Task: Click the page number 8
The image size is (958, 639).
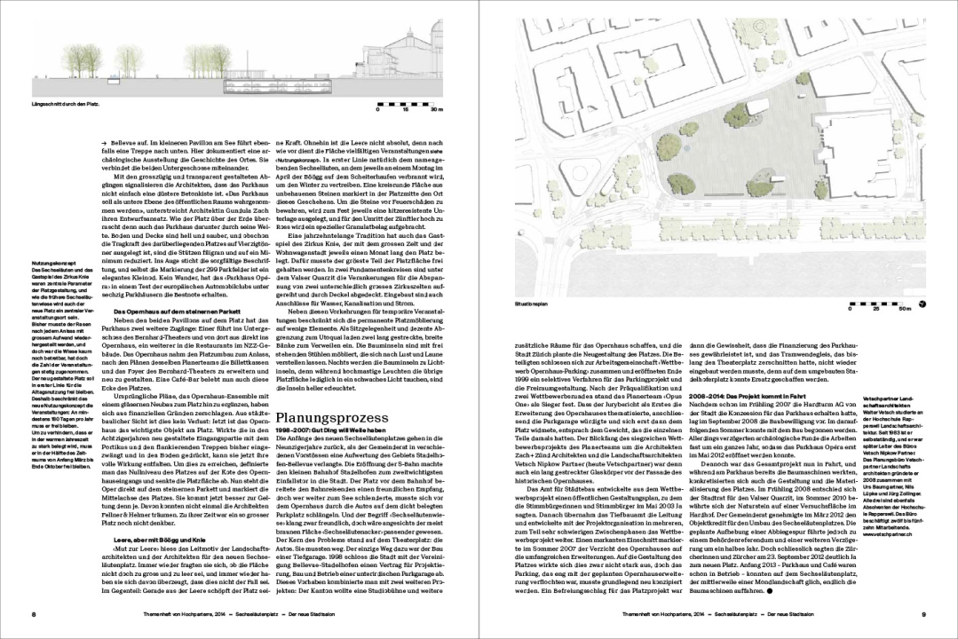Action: (33, 614)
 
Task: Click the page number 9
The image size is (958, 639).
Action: (923, 614)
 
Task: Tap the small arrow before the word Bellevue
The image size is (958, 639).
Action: (104, 142)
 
